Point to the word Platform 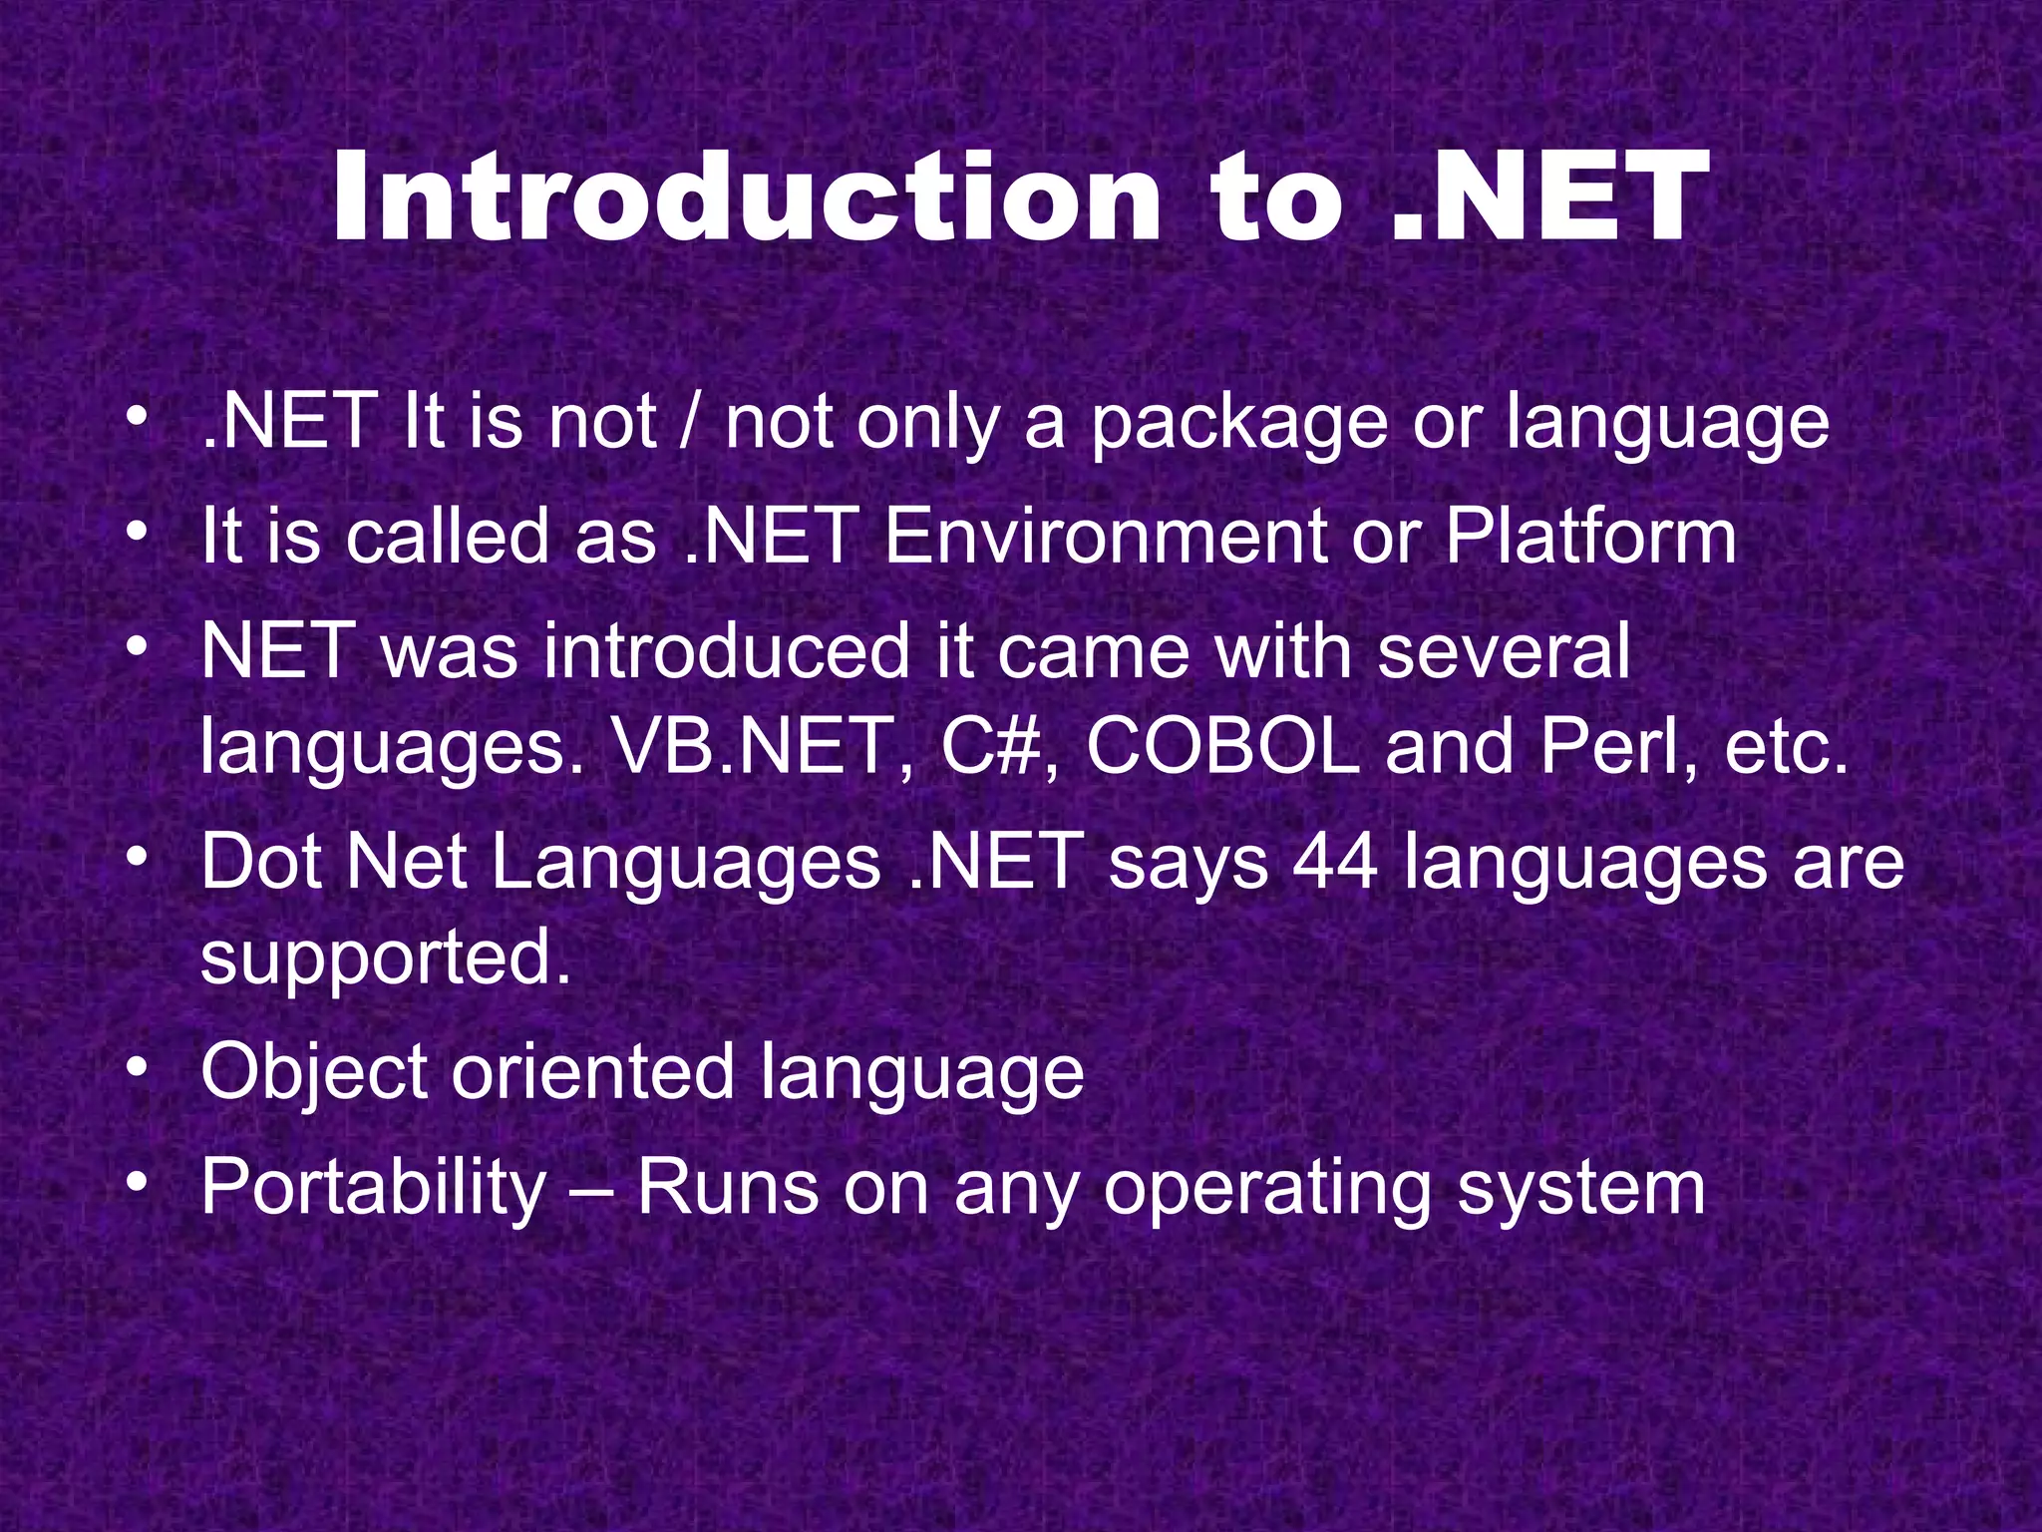coord(1590,537)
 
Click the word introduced coord(727,651)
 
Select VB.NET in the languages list coord(754,747)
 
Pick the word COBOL coord(1222,747)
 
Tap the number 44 coord(1335,862)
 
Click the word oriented coord(592,1073)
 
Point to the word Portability coord(374,1188)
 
